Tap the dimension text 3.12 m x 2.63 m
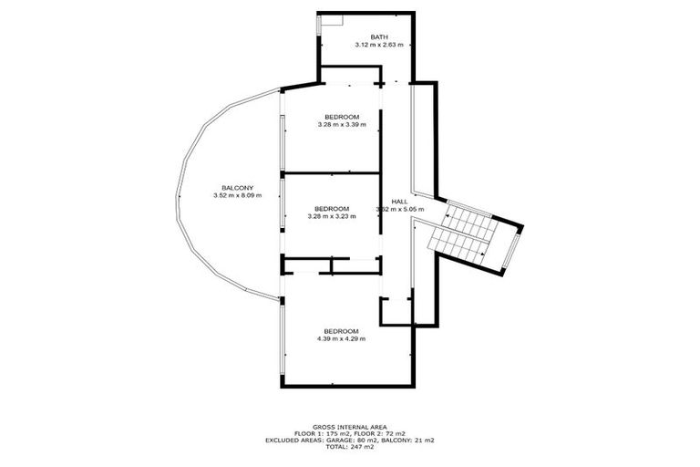tap(379, 45)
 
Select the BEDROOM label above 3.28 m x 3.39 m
tap(342, 117)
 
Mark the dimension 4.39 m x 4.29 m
tap(342, 338)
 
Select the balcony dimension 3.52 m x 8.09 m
tap(237, 195)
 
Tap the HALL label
tap(399, 201)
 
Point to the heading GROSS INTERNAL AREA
tap(349, 426)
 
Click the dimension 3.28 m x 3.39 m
tap(342, 125)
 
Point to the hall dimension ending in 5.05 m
tap(401, 209)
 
